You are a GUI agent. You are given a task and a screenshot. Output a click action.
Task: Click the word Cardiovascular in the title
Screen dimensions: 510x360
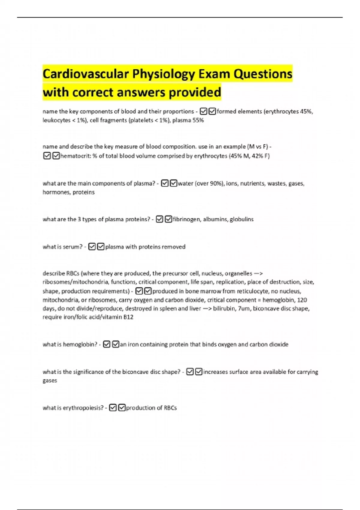pos(85,74)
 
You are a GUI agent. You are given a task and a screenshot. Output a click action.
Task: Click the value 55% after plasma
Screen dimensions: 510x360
pos(198,120)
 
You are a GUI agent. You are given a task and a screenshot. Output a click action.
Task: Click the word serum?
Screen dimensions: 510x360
pos(73,247)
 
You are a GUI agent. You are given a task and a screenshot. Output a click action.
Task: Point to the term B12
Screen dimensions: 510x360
pos(128,317)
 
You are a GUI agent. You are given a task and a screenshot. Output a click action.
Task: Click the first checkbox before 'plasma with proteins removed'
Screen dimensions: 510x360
pos(92,247)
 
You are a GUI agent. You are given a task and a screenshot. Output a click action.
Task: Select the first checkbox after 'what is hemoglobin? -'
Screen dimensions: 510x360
pos(106,344)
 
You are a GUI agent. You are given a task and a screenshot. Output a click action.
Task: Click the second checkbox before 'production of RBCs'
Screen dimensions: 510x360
pos(122,408)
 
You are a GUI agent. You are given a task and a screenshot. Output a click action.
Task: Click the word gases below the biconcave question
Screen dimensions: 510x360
pos(49,380)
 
